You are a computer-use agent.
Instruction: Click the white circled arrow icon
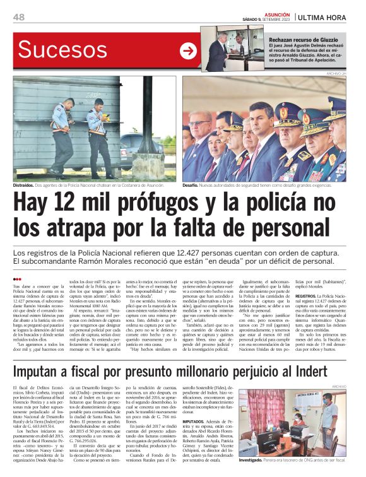[188, 52]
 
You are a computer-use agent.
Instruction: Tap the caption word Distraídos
[27, 185]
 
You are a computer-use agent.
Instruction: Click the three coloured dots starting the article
[17, 278]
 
